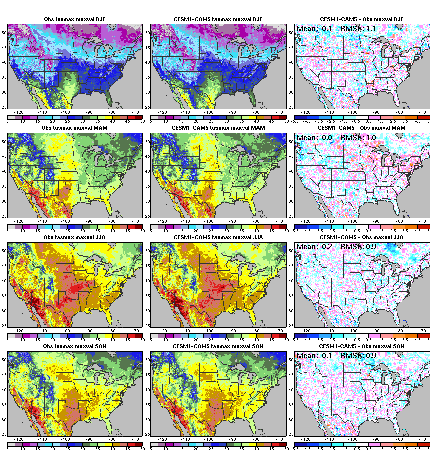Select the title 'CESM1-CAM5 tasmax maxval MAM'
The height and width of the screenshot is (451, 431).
pos(218,128)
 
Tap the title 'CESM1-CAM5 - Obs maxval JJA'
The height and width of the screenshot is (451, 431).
pos(362,237)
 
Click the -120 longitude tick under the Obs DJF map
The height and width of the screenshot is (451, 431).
pos(19,113)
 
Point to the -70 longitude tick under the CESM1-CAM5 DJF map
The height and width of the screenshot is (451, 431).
pos(278,113)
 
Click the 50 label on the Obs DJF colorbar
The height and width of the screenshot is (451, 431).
pos(142,121)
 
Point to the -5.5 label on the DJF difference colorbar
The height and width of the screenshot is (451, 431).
pos(297,121)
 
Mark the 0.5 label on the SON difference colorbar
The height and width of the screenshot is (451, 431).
pos(370,448)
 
